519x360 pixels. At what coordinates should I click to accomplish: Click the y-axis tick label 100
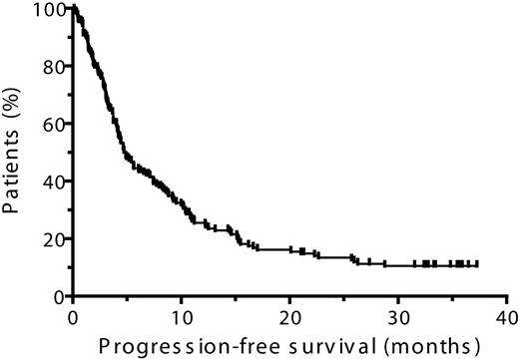[x=44, y=10]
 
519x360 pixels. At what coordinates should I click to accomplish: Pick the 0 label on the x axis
[x=72, y=316]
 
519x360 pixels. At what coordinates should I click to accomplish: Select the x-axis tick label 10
[x=180, y=316]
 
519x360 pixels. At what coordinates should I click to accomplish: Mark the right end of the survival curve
[x=477, y=264]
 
